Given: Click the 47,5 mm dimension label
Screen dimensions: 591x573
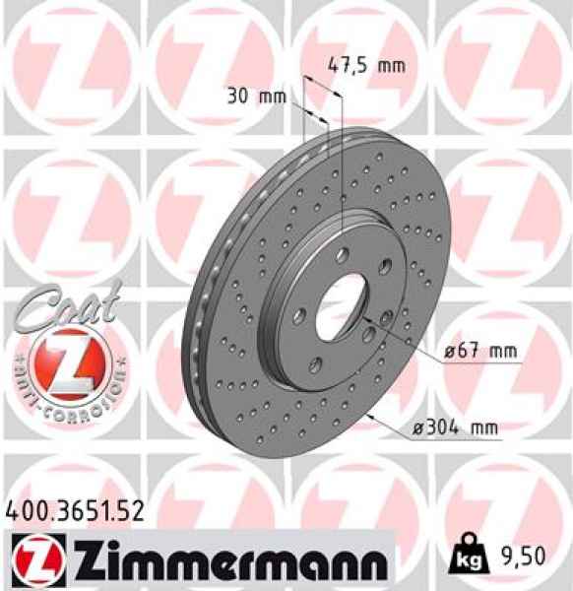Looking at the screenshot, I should (x=365, y=67).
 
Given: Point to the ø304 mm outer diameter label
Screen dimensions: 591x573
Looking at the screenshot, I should (x=455, y=427).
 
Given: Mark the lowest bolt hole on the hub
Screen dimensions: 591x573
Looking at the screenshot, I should (x=314, y=366).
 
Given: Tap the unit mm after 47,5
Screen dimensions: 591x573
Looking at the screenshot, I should (x=391, y=67).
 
